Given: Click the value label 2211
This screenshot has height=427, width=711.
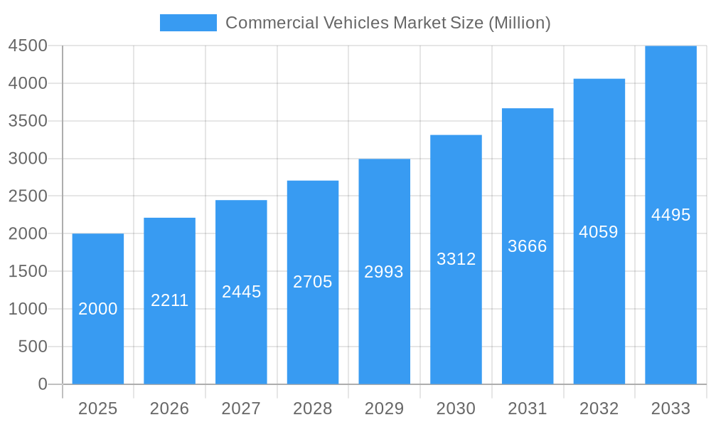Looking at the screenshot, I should (170, 300).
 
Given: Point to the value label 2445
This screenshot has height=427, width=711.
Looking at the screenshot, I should (242, 292).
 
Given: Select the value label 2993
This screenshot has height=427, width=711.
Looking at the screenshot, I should (384, 272).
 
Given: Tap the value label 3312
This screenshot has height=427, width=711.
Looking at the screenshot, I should (456, 259).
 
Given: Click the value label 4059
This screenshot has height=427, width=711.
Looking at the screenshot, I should (599, 232).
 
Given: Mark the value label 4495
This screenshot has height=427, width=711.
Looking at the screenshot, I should (670, 215).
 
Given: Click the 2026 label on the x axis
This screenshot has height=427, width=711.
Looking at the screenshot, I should (170, 408).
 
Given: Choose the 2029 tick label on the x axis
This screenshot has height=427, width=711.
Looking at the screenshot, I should (384, 408).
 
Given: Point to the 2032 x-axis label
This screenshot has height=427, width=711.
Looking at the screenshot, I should (599, 408).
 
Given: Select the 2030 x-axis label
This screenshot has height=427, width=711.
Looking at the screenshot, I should (456, 408).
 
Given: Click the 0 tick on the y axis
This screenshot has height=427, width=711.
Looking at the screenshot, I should (42, 384).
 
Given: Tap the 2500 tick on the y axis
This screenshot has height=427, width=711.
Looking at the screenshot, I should (28, 196).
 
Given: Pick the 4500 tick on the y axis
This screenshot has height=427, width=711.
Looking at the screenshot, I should (28, 46).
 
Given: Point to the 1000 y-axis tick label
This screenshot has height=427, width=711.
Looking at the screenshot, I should (28, 309).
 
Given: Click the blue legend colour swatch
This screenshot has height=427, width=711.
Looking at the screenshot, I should (188, 23).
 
